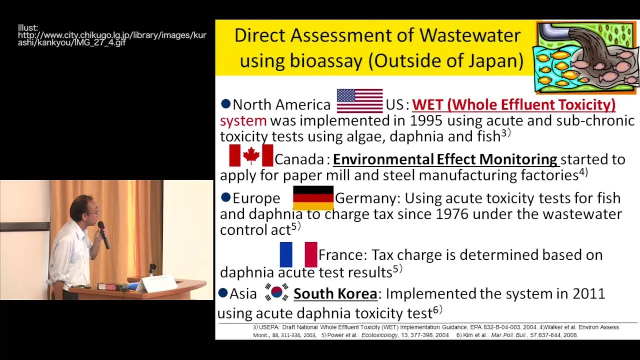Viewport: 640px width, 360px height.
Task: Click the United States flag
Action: tap(359, 101)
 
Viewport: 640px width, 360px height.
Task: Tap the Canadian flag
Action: tap(251, 155)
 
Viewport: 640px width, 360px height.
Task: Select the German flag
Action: tap(313, 198)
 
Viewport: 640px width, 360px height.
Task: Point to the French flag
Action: tap(298, 254)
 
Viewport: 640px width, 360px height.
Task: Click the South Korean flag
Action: tap(276, 292)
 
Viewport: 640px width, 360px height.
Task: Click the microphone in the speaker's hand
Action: tap(103, 235)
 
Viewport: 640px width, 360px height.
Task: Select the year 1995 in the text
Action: tap(426, 120)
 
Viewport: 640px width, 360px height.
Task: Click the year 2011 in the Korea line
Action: tap(589, 293)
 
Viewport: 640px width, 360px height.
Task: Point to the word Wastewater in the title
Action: tap(470, 35)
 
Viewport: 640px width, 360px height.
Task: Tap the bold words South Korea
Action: tap(335, 293)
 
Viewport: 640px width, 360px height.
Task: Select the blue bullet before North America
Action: tap(225, 103)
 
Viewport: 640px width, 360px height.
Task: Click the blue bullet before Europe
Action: tap(225, 197)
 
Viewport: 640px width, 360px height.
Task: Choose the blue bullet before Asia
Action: tap(223, 292)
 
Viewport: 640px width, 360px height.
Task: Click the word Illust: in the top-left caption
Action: tap(27, 27)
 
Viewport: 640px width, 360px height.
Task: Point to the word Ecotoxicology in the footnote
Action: tap(379, 335)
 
